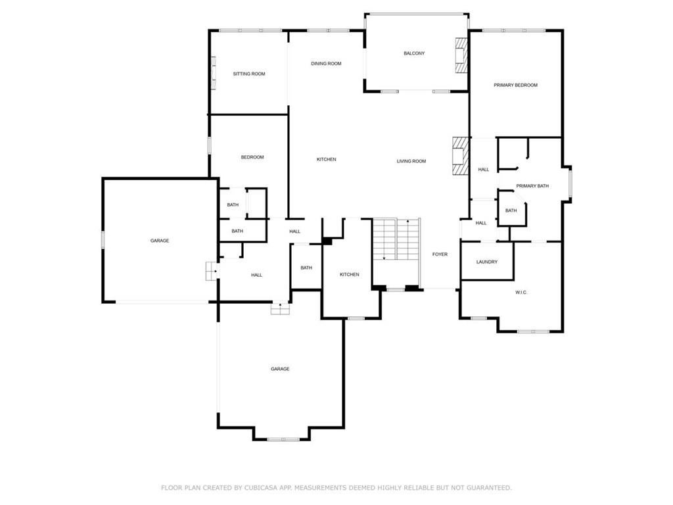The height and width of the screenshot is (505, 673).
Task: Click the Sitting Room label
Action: pyautogui.click(x=249, y=74)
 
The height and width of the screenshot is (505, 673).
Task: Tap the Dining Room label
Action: pyautogui.click(x=326, y=64)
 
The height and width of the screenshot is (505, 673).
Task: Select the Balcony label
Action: pyautogui.click(x=414, y=53)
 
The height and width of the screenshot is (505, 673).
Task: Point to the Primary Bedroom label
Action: pyautogui.click(x=515, y=85)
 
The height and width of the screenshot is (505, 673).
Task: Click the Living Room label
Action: pyautogui.click(x=411, y=161)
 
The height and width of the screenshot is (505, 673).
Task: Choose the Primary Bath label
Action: pyautogui.click(x=532, y=186)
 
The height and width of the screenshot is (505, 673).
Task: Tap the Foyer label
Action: pyautogui.click(x=440, y=254)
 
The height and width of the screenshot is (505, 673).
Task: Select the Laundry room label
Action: pyautogui.click(x=487, y=262)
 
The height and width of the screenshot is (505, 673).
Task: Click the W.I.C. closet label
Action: pyautogui.click(x=521, y=293)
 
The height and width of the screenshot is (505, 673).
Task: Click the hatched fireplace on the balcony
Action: pyautogui.click(x=461, y=56)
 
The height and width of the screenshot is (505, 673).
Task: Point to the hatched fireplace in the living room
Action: pyautogui.click(x=460, y=155)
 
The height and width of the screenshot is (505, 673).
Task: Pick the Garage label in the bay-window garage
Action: pyautogui.click(x=280, y=369)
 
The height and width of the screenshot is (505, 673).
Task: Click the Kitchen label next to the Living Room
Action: pyautogui.click(x=326, y=159)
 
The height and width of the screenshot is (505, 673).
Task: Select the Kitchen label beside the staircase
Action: pyautogui.click(x=350, y=274)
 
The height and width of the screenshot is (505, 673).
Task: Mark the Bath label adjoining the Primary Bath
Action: pyautogui.click(x=511, y=210)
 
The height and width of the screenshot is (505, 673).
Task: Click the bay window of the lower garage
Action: pyautogui.click(x=283, y=439)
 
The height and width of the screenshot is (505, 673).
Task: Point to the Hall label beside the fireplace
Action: pyautogui.click(x=483, y=170)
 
